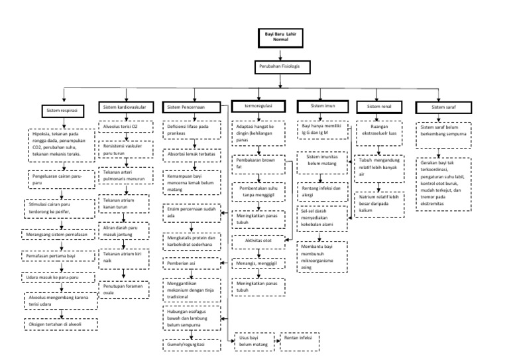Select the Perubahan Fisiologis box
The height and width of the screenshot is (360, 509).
[276, 67]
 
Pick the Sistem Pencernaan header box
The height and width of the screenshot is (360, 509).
[193, 107]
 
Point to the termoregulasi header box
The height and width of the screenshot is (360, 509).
[258, 106]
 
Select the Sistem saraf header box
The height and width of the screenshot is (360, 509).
[443, 107]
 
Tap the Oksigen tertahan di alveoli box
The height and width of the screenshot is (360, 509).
[60, 324]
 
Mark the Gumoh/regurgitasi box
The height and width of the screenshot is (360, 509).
[192, 345]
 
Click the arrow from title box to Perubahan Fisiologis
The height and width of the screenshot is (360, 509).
[276, 54]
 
